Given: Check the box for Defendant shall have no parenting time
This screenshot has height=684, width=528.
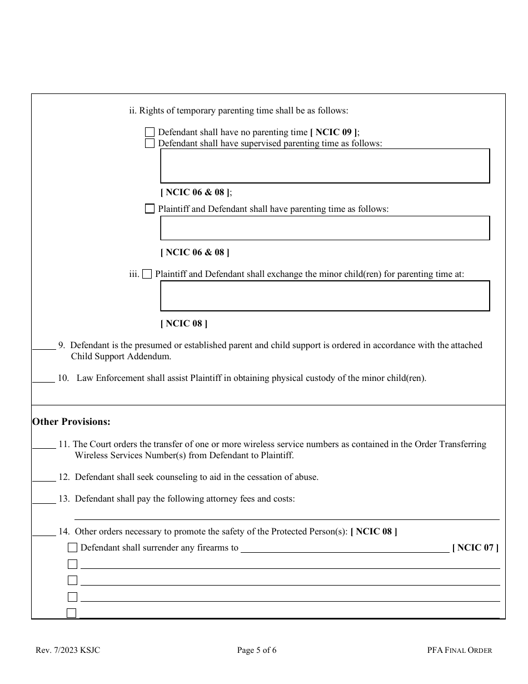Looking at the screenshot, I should pyautogui.click(x=150, y=132).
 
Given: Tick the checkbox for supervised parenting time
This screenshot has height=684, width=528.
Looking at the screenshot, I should pyautogui.click(x=150, y=143).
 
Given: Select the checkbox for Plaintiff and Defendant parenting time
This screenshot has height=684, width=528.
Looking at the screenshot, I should pyautogui.click(x=150, y=209).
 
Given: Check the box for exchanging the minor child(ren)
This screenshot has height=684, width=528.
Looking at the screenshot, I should pyautogui.click(x=147, y=274).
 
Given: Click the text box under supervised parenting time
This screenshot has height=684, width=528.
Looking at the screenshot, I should pyautogui.click(x=325, y=166).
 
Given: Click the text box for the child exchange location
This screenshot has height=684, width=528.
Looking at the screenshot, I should pyautogui.click(x=325, y=296).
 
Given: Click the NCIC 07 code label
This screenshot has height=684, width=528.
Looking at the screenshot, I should pyautogui.click(x=475, y=548).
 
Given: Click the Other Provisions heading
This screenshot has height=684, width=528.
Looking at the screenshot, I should pyautogui.click(x=71, y=422).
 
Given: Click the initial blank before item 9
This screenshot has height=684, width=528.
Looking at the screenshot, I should pyautogui.click(x=44, y=346).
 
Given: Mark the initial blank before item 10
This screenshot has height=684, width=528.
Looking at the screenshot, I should pyautogui.click(x=43, y=379).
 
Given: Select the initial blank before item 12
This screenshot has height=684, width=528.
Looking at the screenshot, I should pyautogui.click(x=44, y=478).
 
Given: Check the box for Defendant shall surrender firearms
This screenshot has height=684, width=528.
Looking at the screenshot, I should pyautogui.click(x=72, y=548).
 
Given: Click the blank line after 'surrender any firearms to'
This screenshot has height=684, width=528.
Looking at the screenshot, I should pyautogui.click(x=345, y=548).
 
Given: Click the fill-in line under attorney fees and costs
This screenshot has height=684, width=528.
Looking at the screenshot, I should pyautogui.click(x=286, y=515).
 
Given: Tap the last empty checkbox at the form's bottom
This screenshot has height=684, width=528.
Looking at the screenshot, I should pyautogui.click(x=72, y=613).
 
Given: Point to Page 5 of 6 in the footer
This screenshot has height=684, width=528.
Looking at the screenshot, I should pyautogui.click(x=256, y=650).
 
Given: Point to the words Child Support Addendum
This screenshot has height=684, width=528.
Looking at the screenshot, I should pyautogui.click(x=121, y=357).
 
